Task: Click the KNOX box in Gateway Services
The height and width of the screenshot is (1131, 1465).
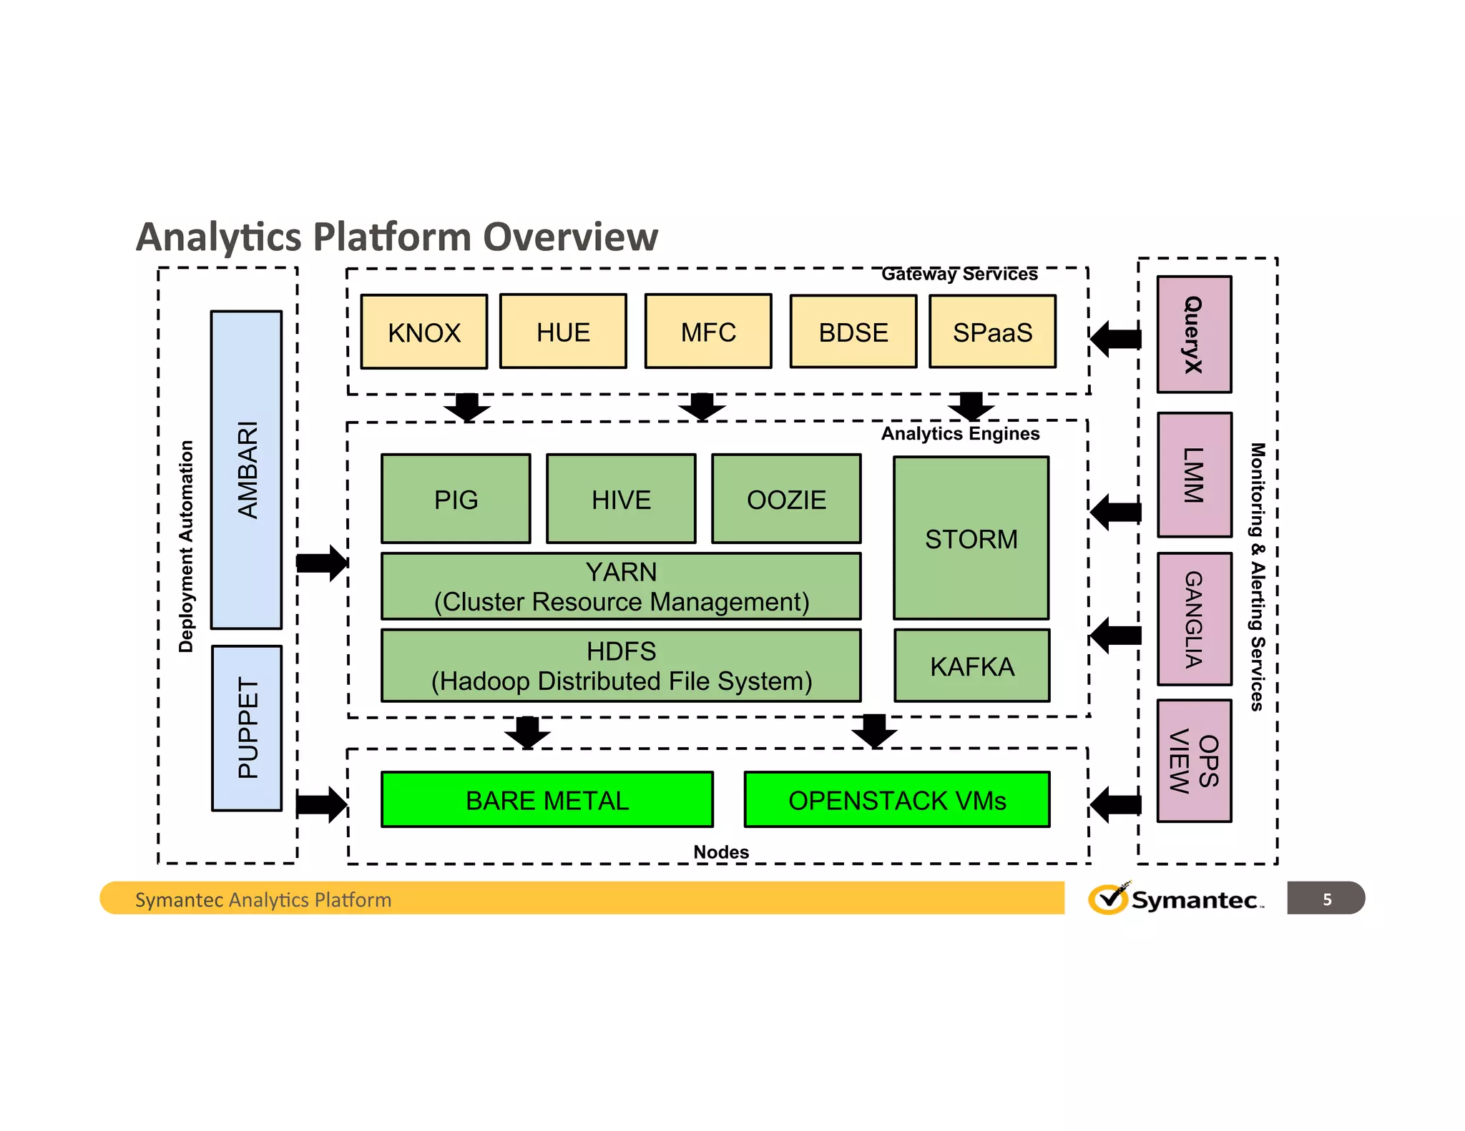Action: tap(423, 332)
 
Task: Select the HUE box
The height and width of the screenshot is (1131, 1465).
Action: tap(563, 332)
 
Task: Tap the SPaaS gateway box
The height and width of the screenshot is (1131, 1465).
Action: tap(992, 332)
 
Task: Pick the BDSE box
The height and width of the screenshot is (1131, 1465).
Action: tap(853, 332)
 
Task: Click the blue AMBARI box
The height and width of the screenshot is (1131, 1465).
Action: tap(246, 470)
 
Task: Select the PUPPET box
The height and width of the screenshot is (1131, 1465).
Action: tap(247, 728)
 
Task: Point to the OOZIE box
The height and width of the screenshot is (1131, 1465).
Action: tap(786, 499)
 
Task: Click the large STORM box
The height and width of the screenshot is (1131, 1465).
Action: tap(971, 538)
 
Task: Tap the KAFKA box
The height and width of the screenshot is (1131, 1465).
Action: tap(971, 666)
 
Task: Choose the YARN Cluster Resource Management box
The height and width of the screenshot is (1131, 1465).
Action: tap(621, 586)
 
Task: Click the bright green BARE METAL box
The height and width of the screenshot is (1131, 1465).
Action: tap(547, 799)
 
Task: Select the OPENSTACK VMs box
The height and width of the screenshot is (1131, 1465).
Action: tap(897, 799)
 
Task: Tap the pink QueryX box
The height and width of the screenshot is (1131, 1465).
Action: tap(1194, 335)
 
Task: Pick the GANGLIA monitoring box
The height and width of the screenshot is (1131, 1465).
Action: tap(1194, 619)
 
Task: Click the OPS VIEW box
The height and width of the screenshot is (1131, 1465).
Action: tap(1194, 761)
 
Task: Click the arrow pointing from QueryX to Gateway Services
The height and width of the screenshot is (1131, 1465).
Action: tap(1115, 339)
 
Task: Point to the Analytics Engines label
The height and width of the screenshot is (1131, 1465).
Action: tap(960, 434)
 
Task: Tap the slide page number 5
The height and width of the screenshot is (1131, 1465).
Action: tap(1326, 899)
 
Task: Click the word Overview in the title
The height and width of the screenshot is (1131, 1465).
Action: tap(570, 237)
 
